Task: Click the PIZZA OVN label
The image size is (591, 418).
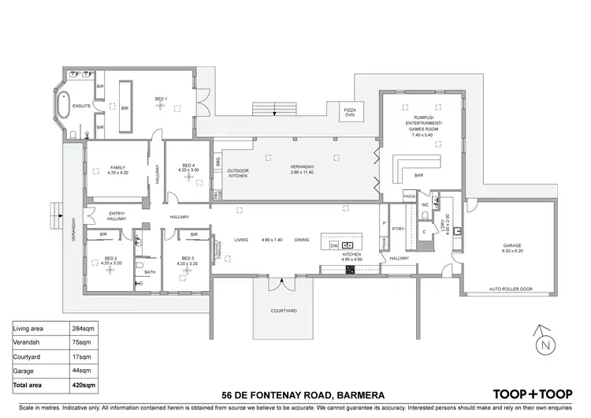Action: click(x=351, y=111)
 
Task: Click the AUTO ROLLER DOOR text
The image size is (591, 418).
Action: click(x=510, y=289)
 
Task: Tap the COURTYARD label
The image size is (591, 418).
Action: click(x=283, y=312)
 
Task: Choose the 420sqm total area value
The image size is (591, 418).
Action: click(x=73, y=385)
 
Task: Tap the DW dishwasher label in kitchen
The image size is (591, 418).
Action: click(x=334, y=246)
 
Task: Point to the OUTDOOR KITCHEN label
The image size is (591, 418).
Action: click(x=238, y=173)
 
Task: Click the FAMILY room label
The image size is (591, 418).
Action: click(x=117, y=168)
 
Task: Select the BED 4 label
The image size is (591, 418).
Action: click(x=188, y=166)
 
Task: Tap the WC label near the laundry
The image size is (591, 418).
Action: click(x=424, y=203)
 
